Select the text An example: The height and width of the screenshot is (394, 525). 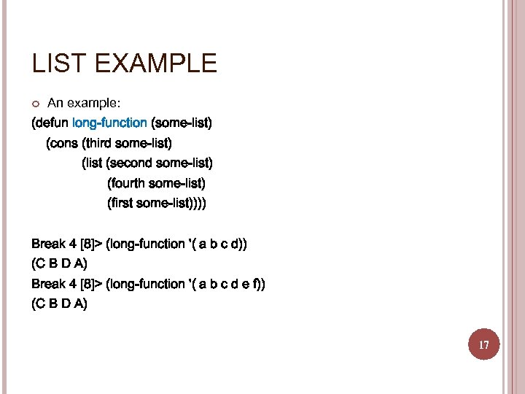pyautogui.click(x=78, y=103)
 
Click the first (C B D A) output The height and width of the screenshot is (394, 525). pyautogui.click(x=59, y=263)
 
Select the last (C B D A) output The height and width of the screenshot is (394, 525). pyautogui.click(x=59, y=304)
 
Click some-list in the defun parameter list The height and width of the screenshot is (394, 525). pyautogui.click(x=181, y=123)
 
